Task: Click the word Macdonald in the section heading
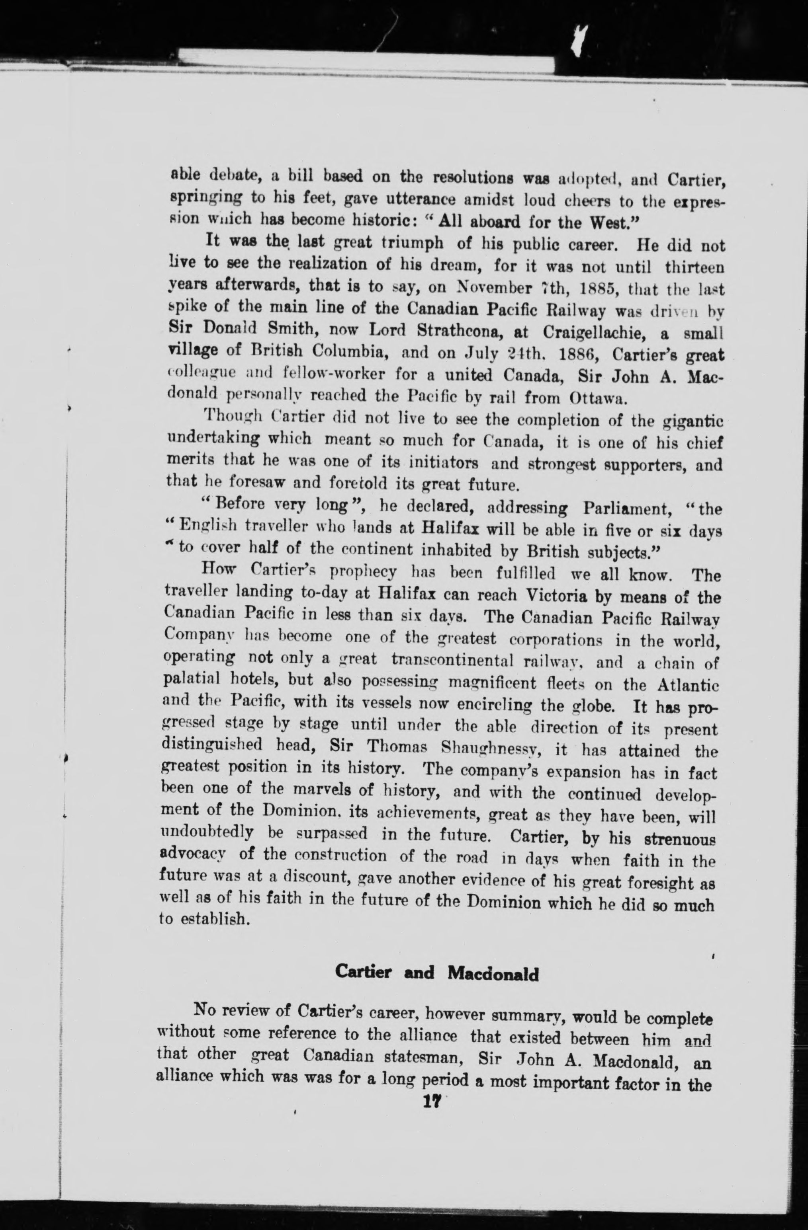click(x=493, y=974)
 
